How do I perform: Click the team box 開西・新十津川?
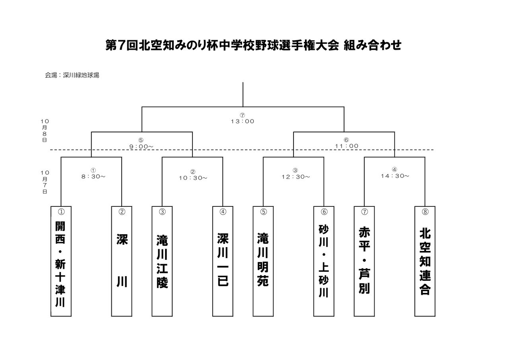(61, 261)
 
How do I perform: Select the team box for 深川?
(122, 261)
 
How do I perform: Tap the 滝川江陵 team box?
(162, 261)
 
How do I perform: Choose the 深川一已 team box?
(223, 261)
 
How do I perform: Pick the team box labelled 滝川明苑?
(263, 261)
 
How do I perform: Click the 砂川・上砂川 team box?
(324, 261)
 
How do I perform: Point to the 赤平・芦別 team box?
(364, 261)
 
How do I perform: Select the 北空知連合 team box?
(425, 261)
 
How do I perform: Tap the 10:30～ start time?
(193, 178)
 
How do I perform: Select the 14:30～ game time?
(394, 175)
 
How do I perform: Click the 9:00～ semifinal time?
(141, 146)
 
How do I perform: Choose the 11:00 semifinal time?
(346, 146)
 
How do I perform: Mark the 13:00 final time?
(243, 121)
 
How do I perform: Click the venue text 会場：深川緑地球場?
(72, 75)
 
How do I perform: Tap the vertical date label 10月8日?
(45, 130)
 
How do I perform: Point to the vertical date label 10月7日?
(45, 182)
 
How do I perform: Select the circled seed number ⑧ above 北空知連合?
(425, 212)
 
